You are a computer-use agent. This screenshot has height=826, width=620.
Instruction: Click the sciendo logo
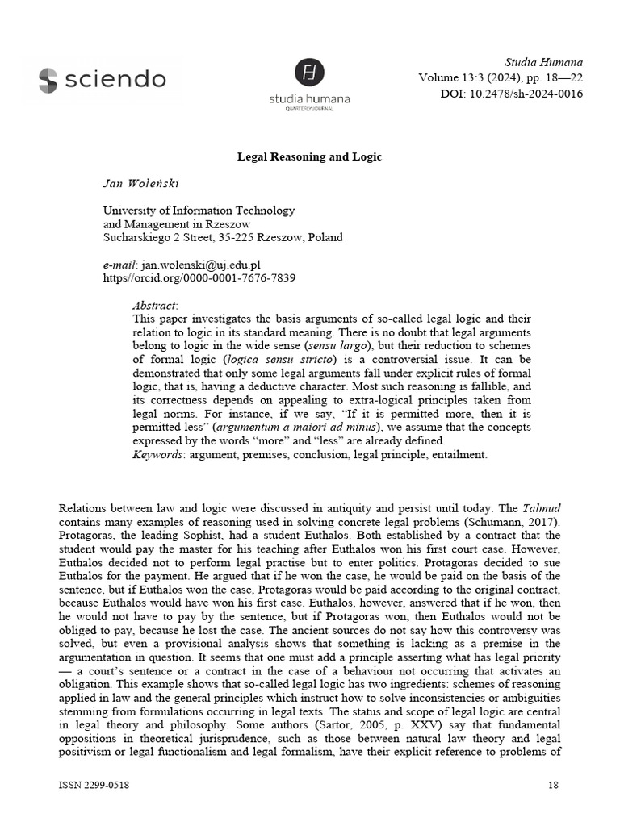pyautogui.click(x=102, y=79)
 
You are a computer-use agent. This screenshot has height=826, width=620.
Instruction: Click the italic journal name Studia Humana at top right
pyautogui.click(x=543, y=62)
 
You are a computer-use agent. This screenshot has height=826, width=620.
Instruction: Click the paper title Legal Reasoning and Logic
pyautogui.click(x=309, y=156)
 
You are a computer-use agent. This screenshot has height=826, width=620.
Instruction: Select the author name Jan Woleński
pyautogui.click(x=141, y=183)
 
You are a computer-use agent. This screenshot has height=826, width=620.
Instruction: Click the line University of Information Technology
pyautogui.click(x=199, y=211)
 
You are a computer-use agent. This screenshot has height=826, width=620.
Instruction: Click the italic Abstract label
pyautogui.click(x=155, y=305)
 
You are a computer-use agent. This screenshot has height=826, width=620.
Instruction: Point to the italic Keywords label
pyautogui.click(x=158, y=455)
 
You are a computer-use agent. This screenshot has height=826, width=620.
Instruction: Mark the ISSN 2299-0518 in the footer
pyautogui.click(x=94, y=785)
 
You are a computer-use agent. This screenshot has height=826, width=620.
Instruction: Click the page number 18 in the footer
pyautogui.click(x=553, y=785)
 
